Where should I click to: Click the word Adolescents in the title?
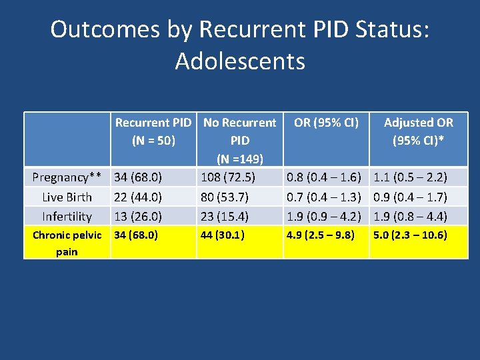pyautogui.click(x=240, y=61)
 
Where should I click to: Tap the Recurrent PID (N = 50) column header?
pyautogui.click(x=153, y=131)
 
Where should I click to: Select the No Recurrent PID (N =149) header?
pyautogui.click(x=239, y=141)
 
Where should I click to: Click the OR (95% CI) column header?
pyautogui.click(x=326, y=123)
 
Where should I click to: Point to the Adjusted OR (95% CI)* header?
pyautogui.click(x=418, y=131)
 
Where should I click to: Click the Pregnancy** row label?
pyautogui.click(x=67, y=177)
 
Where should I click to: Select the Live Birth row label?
pyautogui.click(x=67, y=197)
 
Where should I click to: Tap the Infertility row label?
pyautogui.click(x=67, y=217)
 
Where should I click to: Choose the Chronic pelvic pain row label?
pyautogui.click(x=67, y=243)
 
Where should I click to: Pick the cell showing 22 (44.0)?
pyautogui.click(x=138, y=197)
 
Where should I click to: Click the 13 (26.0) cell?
pyautogui.click(x=138, y=217)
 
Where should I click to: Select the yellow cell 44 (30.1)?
pyautogui.click(x=223, y=235)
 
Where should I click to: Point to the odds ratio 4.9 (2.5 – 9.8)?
pyautogui.click(x=320, y=235)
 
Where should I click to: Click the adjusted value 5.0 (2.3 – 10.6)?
pyautogui.click(x=410, y=235)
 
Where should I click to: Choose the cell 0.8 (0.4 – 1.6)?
pyautogui.click(x=324, y=177)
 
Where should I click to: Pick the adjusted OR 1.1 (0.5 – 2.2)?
pyautogui.click(x=410, y=177)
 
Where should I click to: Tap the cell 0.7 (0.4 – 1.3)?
pyautogui.click(x=324, y=197)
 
